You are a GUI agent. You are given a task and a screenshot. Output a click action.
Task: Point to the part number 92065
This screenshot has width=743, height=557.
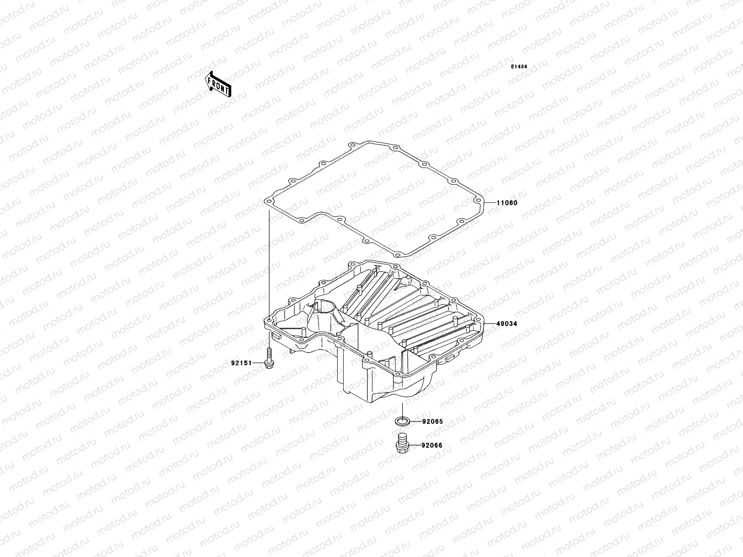click(432, 422)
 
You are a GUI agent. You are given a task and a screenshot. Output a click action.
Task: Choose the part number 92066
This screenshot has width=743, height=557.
click(432, 446)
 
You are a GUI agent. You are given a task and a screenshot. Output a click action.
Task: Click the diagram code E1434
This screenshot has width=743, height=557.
click(519, 67)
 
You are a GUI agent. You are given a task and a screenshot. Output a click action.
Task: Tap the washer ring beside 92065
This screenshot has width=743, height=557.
click(402, 421)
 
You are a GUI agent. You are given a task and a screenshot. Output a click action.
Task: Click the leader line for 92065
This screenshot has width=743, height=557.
click(415, 422)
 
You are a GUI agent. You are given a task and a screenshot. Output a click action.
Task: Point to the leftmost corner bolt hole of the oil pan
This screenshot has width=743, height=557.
click(269, 320)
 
